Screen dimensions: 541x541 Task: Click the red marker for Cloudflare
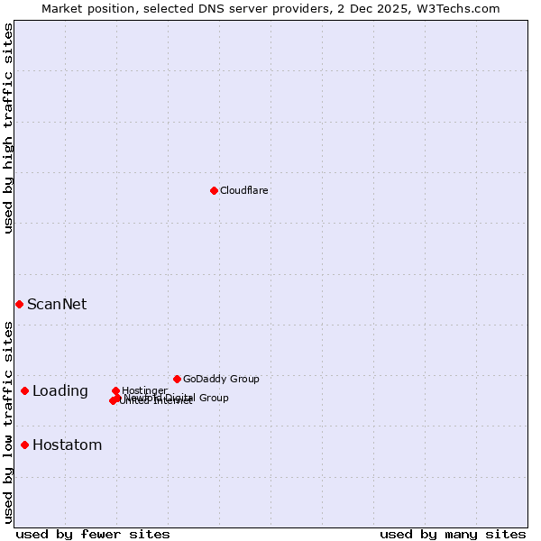coord(214,190)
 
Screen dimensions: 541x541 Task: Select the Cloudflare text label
coord(244,190)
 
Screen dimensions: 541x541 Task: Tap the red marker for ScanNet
coord(19,304)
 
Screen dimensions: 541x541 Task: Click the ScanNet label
coord(57,304)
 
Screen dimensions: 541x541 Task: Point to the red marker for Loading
coord(24,390)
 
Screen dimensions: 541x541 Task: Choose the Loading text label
coord(60,390)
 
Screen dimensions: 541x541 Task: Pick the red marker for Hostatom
coord(24,445)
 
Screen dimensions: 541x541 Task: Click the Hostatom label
coord(68,445)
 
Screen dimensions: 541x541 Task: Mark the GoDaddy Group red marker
coord(177,379)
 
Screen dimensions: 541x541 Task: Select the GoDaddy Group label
coord(221,379)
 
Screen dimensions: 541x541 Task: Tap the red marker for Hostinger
coord(115,390)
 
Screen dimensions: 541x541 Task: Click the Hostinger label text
coord(144,390)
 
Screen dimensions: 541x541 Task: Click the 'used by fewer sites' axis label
coord(93,534)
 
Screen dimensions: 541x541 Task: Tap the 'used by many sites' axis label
coord(453,534)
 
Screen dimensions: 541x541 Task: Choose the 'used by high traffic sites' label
coord(8,128)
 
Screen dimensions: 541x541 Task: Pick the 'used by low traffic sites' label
coord(8,421)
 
